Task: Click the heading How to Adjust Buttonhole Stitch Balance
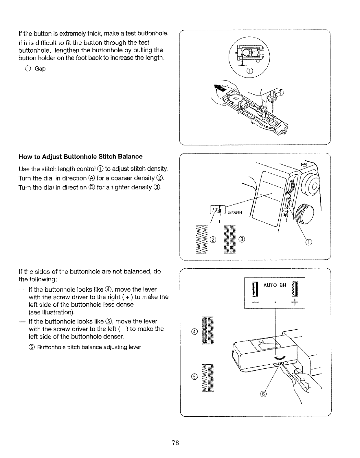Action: click(x=80, y=157)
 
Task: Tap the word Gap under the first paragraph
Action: click(x=40, y=69)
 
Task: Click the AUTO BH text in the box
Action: click(x=274, y=285)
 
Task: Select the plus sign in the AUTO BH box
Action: click(x=295, y=303)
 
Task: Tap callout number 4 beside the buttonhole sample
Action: click(x=194, y=332)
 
